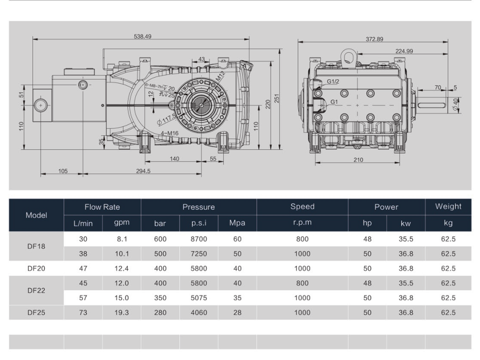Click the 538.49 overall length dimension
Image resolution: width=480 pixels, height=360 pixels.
[143, 37]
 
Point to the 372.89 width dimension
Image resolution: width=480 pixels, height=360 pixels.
[374, 39]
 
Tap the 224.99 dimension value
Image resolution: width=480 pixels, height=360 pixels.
[404, 51]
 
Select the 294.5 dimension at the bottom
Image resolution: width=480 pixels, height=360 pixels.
[143, 171]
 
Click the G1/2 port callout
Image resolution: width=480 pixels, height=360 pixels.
[333, 81]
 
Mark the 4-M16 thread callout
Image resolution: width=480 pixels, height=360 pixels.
[169, 133]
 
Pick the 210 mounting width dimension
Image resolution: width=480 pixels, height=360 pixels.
[358, 160]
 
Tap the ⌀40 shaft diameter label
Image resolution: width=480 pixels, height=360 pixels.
[456, 104]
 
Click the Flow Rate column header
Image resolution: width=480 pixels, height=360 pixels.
[102, 207]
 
